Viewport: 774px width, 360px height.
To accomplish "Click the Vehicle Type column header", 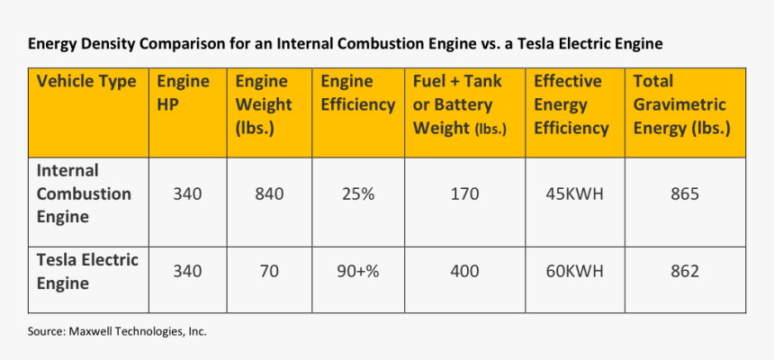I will pyautogui.click(x=86, y=82).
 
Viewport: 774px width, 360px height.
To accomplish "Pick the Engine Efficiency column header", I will pyautogui.click(x=357, y=93).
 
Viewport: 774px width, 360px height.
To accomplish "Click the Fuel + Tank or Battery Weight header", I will pyautogui.click(x=459, y=104).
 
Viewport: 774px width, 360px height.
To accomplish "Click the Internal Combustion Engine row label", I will pyautogui.click(x=84, y=193).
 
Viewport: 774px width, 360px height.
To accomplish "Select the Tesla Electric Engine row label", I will pyautogui.click(x=87, y=272).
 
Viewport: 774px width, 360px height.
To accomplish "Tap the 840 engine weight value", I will pyautogui.click(x=269, y=193).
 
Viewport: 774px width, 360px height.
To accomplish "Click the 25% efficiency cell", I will pyautogui.click(x=357, y=193).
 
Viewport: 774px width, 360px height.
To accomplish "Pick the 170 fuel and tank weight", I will pyautogui.click(x=464, y=193).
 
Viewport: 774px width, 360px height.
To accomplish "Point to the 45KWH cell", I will pyautogui.click(x=572, y=193).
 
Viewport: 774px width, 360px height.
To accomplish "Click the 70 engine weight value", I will pyautogui.click(x=269, y=271).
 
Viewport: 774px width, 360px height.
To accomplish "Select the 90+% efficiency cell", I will pyautogui.click(x=357, y=271).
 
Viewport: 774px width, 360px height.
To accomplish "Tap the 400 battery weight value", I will pyautogui.click(x=464, y=271).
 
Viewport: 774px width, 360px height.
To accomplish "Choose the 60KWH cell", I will pyautogui.click(x=572, y=271).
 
